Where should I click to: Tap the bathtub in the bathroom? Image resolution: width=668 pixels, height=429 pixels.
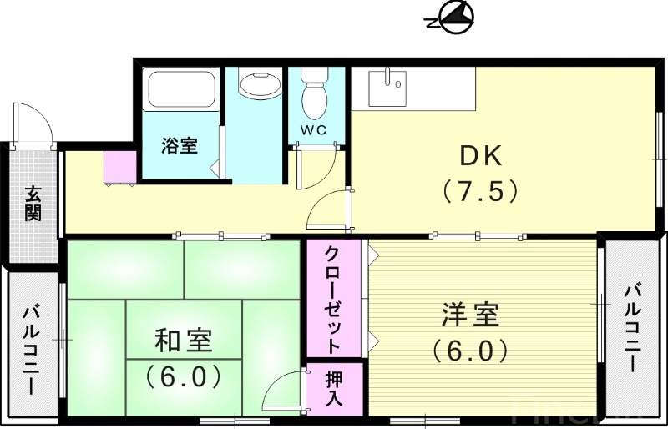click(181, 89)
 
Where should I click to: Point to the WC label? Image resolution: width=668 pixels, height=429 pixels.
click(314, 130)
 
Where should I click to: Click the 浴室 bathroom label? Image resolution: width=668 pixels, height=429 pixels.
click(180, 145)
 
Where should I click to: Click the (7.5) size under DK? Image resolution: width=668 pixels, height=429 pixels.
click(480, 192)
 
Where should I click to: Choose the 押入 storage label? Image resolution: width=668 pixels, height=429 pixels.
click(333, 387)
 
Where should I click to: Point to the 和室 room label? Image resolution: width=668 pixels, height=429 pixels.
click(183, 341)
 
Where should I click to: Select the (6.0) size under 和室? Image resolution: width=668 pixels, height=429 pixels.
click(183, 376)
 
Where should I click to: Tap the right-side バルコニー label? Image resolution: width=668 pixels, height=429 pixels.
click(632, 328)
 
